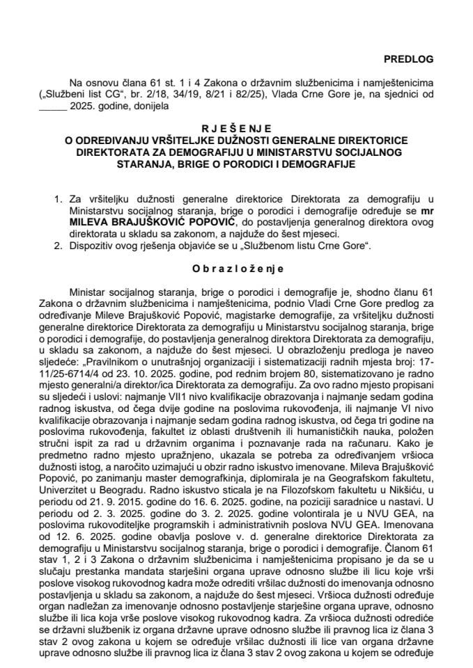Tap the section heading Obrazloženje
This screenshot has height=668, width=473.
point(236,267)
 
